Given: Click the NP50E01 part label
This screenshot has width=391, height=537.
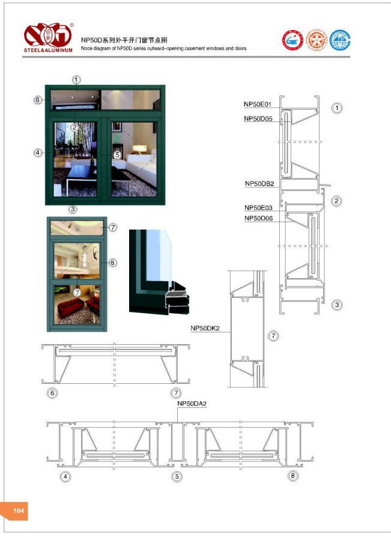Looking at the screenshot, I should [x=258, y=105].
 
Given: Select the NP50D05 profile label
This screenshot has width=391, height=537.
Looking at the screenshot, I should [x=258, y=118].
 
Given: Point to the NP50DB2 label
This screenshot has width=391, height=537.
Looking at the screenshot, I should [x=259, y=183].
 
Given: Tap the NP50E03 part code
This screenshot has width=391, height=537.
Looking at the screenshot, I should [x=258, y=207].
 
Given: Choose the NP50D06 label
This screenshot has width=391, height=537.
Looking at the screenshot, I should [x=259, y=218].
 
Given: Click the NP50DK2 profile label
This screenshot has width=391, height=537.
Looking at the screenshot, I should [x=205, y=328].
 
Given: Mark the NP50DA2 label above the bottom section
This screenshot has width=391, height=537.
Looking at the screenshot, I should [x=192, y=404].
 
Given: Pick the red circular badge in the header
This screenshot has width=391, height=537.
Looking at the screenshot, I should [x=292, y=40].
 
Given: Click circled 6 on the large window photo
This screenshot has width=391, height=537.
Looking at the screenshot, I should [x=38, y=100].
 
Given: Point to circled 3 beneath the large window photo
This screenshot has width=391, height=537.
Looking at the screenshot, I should [x=73, y=209].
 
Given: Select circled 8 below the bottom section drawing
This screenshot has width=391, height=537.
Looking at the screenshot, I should [x=293, y=476].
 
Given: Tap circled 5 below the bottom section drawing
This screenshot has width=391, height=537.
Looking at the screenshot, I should [x=177, y=476].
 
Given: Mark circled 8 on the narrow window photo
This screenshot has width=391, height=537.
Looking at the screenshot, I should [x=112, y=262].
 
